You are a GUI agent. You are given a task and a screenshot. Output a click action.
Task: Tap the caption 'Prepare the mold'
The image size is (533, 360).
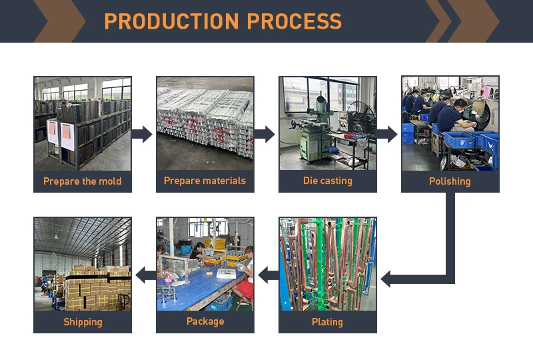[83, 181]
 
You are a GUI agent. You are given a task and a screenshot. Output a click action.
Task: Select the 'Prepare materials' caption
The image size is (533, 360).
[205, 181]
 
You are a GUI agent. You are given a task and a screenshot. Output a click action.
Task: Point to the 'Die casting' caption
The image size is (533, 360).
[327, 181]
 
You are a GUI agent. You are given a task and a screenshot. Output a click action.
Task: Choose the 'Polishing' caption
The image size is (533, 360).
[450, 181]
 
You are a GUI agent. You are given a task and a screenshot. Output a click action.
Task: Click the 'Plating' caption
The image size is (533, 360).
[327, 322]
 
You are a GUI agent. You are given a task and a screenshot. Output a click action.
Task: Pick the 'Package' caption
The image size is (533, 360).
[205, 321]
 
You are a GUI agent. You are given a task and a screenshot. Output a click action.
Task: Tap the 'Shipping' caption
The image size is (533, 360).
[83, 322]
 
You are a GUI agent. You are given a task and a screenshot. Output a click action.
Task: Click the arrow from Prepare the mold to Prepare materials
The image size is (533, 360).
[142, 134]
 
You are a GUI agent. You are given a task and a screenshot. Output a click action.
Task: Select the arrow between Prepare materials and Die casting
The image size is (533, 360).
[265, 134]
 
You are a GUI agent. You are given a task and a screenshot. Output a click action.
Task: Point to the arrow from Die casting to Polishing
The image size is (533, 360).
[387, 134]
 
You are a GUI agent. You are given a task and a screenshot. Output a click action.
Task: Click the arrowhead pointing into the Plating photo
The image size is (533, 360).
[388, 278]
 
